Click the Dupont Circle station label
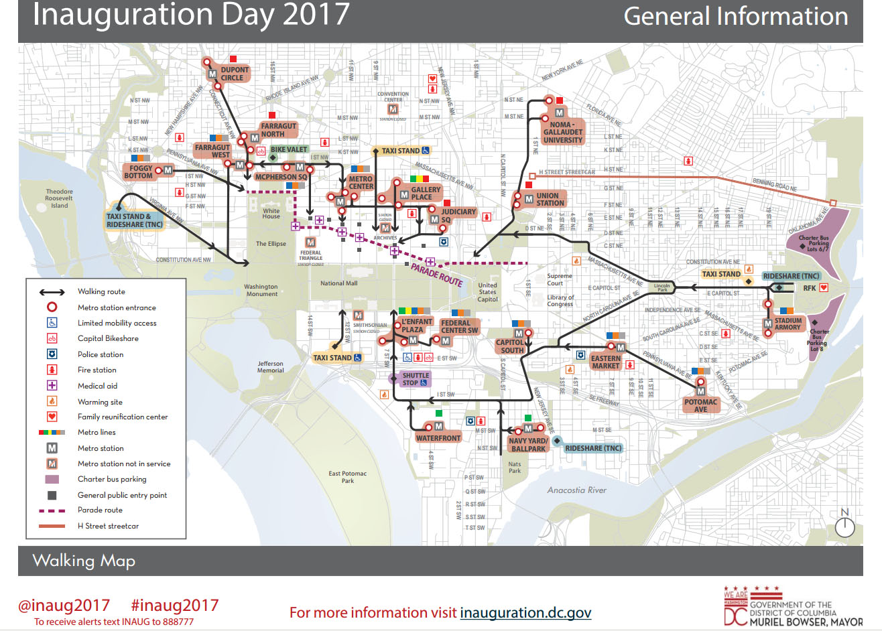coord(234,74)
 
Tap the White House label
coord(271,213)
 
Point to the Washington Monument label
coord(261,290)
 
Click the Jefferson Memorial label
coord(270,367)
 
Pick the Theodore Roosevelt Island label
coord(59,198)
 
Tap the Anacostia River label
coord(576,490)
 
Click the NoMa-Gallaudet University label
coord(562,132)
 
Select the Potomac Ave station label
coord(700,405)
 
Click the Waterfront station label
coord(438,438)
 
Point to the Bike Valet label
coord(289,150)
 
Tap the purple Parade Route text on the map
coord(436,275)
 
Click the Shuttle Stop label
coord(416,379)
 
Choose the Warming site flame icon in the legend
coord(52,401)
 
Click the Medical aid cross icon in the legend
coord(52,386)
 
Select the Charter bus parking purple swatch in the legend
coord(52,480)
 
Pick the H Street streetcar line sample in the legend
coord(52,527)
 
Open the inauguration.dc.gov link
coord(525,612)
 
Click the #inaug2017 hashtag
coord(174,606)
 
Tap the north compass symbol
coord(844,527)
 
